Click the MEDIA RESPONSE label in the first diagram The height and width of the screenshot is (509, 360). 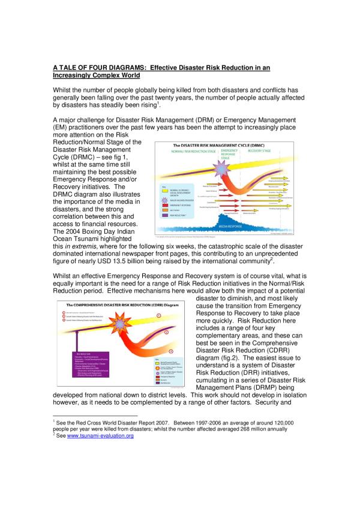(x=241, y=227)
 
